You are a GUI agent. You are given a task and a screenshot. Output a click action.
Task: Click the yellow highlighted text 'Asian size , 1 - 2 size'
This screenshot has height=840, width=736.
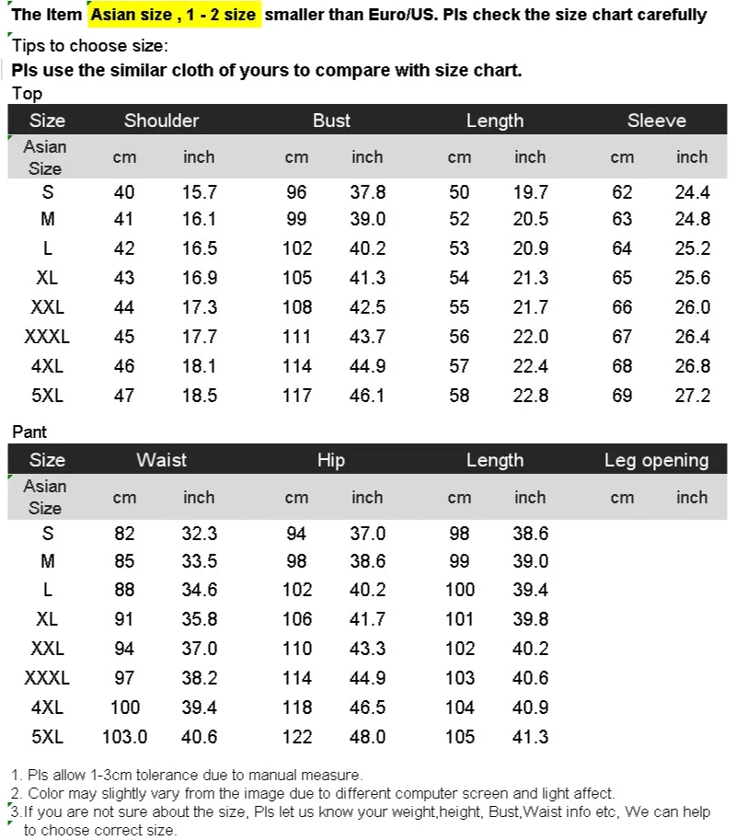[174, 15]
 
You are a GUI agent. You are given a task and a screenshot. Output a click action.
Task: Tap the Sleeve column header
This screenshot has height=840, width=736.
[656, 121]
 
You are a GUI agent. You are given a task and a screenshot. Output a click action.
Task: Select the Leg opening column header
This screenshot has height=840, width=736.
[656, 460]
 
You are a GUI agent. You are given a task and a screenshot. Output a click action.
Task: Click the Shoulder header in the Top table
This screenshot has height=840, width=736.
[161, 121]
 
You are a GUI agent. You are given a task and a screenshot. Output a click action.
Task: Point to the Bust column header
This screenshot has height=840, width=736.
[331, 121]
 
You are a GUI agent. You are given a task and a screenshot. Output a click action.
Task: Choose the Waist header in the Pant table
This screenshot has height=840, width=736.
[161, 460]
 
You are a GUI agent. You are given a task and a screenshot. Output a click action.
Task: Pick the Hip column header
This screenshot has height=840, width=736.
[331, 460]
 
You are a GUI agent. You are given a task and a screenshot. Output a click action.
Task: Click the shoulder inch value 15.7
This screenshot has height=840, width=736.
[199, 192]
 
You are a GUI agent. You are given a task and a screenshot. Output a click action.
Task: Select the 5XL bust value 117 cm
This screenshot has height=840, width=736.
[297, 396]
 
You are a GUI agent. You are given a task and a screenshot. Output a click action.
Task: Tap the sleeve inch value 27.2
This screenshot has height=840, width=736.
[692, 396]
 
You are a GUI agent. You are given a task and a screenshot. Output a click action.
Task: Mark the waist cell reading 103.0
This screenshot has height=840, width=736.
[124, 736]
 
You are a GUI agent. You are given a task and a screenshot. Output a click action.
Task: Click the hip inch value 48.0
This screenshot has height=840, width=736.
[367, 736]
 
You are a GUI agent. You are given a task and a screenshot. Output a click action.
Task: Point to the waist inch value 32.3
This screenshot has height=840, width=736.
[199, 534]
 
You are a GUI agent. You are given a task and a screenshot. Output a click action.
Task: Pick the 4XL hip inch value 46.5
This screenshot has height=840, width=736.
[367, 708]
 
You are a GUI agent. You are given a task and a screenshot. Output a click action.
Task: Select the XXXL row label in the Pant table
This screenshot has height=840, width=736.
[47, 679]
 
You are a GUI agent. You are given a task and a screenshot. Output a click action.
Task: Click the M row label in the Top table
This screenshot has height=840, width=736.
[48, 220]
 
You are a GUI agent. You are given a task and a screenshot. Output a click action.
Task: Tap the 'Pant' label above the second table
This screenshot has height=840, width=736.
[29, 432]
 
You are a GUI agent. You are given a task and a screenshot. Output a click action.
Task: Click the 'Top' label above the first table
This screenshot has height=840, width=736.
[27, 93]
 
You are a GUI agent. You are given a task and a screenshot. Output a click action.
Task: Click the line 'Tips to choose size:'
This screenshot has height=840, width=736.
[89, 46]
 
